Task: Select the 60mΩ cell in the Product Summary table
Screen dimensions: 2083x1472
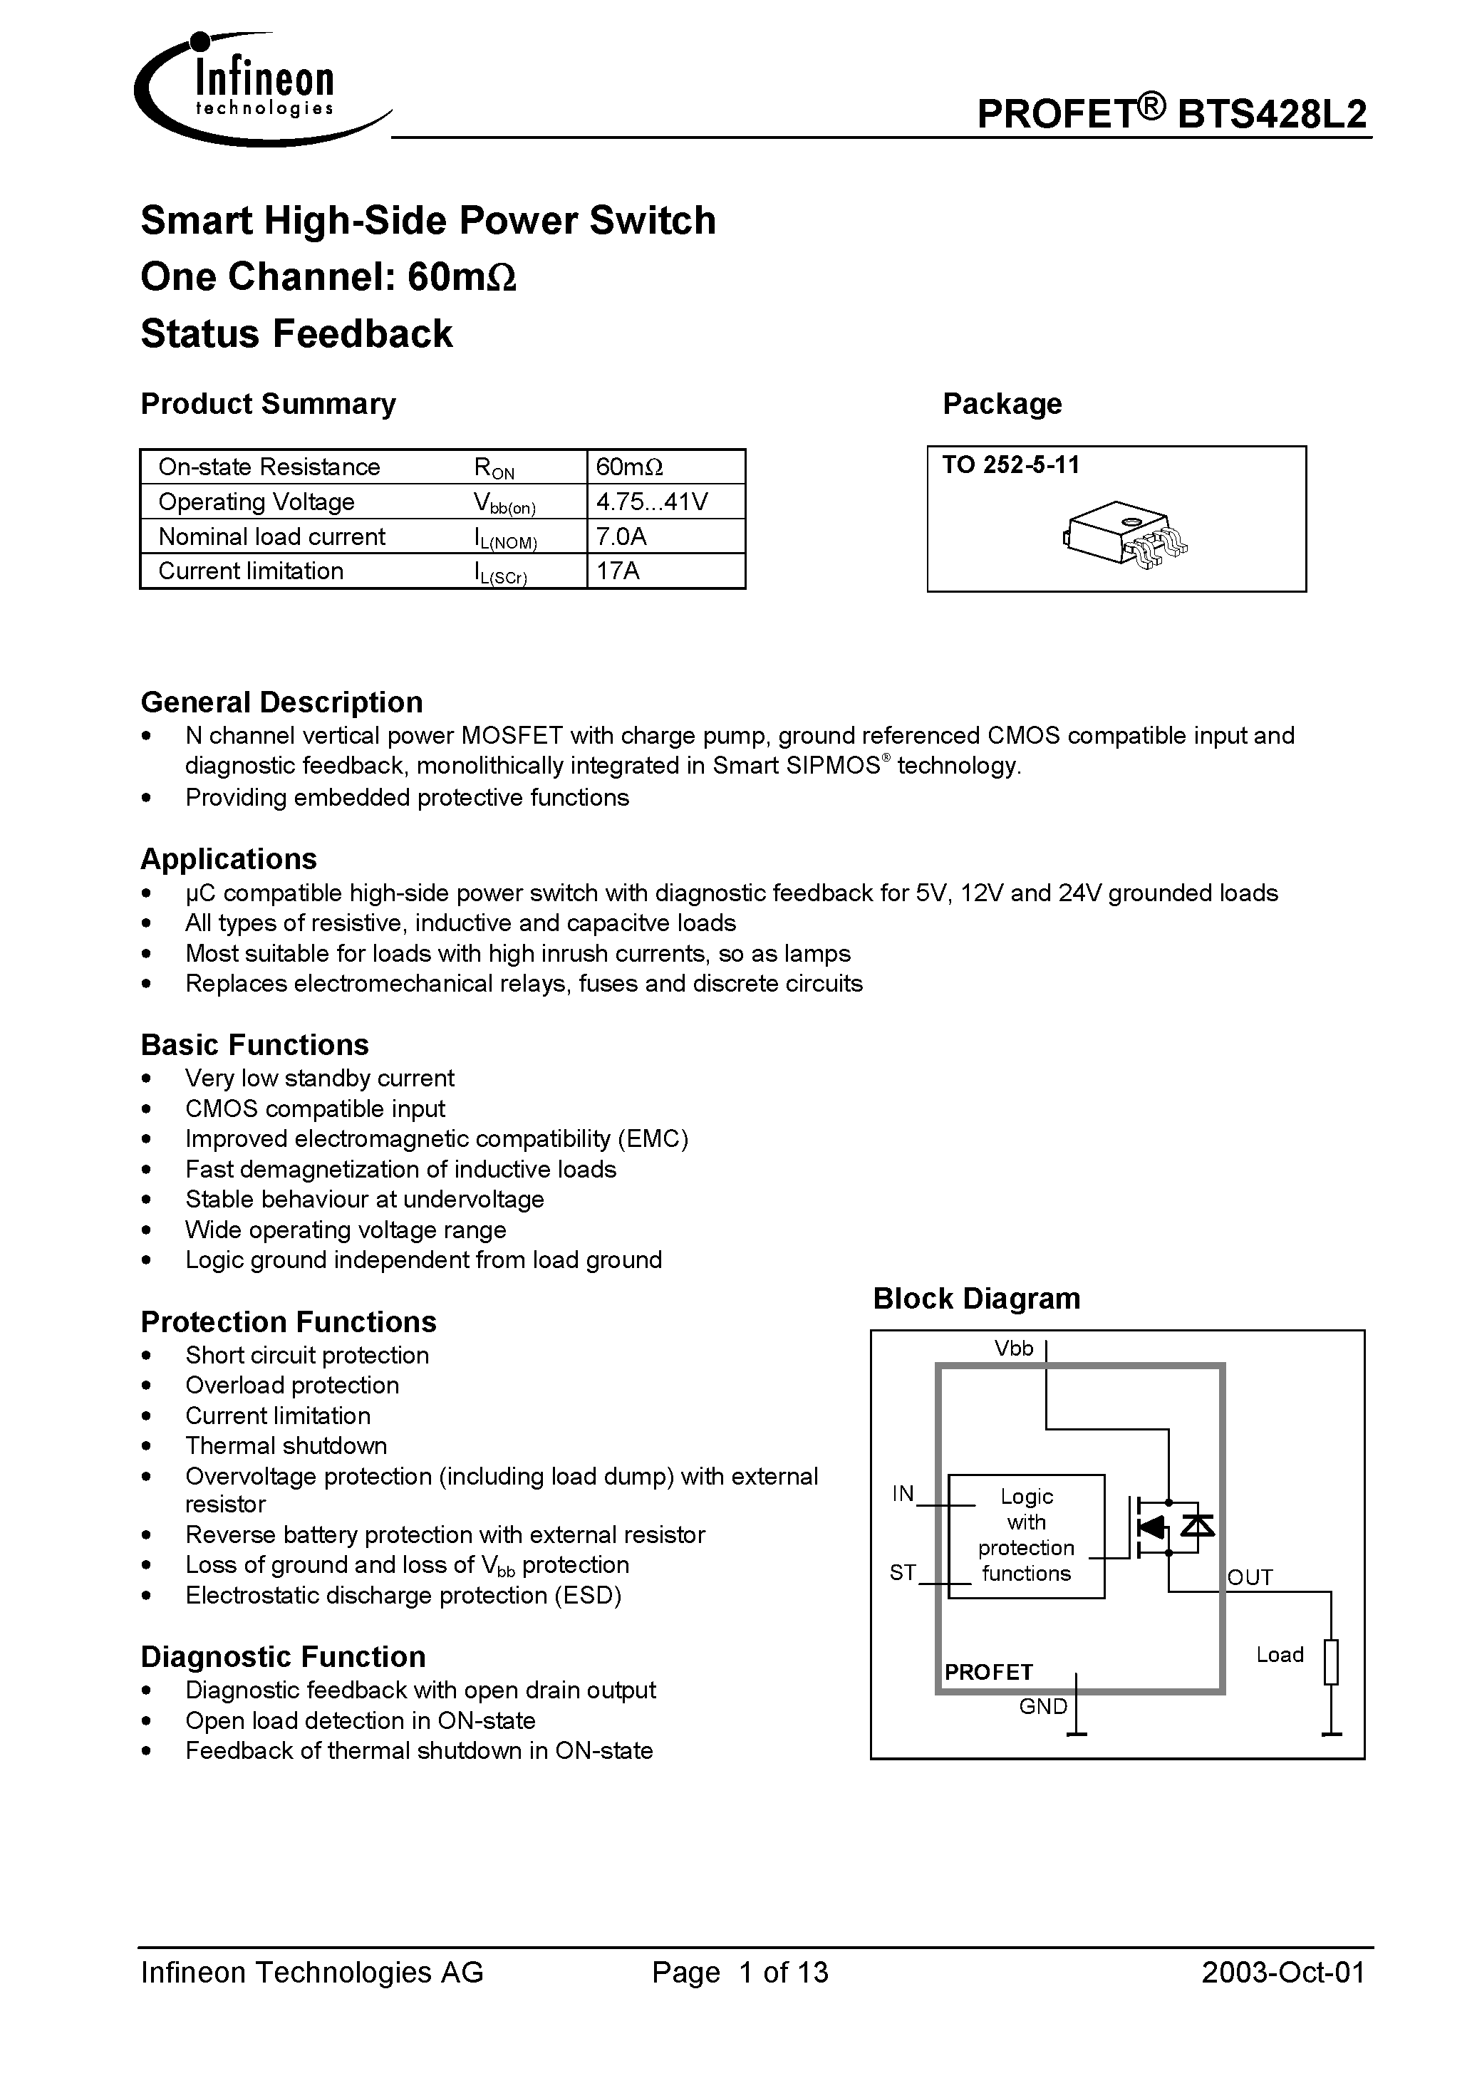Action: pyautogui.click(x=630, y=467)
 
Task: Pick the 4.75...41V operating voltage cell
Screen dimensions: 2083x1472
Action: pyautogui.click(x=653, y=502)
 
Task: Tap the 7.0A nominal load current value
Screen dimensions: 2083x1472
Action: pyautogui.click(x=622, y=536)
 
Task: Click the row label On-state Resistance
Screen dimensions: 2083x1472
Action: pyautogui.click(x=269, y=467)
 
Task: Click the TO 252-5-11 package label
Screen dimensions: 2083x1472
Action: pyautogui.click(x=1011, y=465)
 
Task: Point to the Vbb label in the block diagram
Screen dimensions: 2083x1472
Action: pyautogui.click(x=1014, y=1349)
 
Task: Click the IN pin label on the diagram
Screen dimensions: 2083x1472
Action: pyautogui.click(x=903, y=1493)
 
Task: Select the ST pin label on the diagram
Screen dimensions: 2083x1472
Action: pyautogui.click(x=903, y=1572)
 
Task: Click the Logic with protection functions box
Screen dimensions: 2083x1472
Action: pyautogui.click(x=1027, y=1535)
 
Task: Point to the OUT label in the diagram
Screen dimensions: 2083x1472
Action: pyautogui.click(x=1250, y=1578)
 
